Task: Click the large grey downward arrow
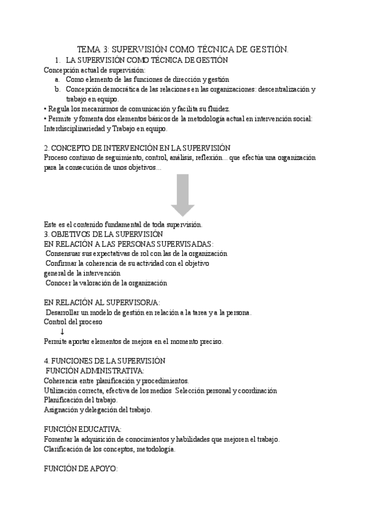(182, 192)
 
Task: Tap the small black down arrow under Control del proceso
(62, 332)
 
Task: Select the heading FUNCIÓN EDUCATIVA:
(83, 429)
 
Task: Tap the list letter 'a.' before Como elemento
(57, 79)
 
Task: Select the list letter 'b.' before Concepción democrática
(57, 89)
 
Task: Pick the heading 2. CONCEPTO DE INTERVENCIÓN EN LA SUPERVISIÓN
(137, 148)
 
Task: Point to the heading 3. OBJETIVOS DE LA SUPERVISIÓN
(103, 234)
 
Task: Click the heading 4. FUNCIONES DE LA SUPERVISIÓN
(105, 361)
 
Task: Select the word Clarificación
(65, 449)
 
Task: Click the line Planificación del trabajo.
(81, 400)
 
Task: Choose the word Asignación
(62, 410)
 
